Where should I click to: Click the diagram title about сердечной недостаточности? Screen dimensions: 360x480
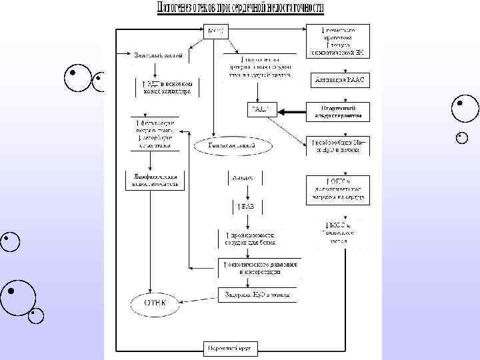(240, 9)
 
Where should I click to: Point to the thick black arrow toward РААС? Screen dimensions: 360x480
(291, 112)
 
